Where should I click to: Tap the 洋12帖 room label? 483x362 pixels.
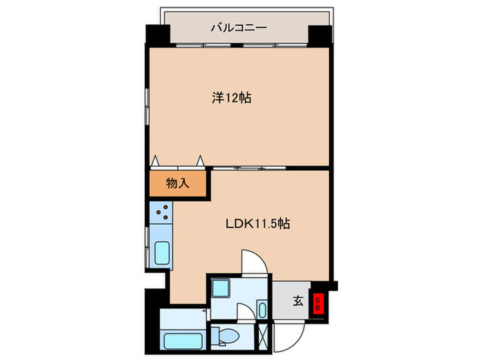point(230,99)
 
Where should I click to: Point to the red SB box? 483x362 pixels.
point(318,304)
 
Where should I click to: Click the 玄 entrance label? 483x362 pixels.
point(297,301)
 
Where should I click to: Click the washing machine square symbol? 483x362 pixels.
point(221,288)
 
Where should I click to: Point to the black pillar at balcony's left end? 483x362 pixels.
point(157,34)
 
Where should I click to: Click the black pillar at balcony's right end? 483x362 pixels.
point(320,34)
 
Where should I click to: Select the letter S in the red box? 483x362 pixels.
point(318,299)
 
